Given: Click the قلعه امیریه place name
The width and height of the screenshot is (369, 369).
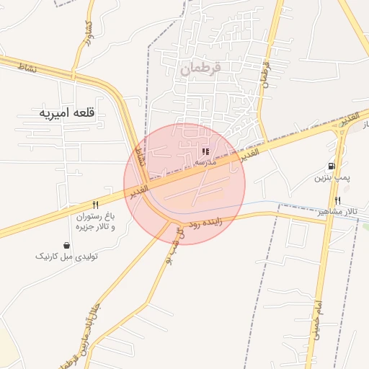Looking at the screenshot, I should pyautogui.click(x=69, y=113).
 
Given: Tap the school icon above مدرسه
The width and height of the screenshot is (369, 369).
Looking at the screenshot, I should pyautogui.click(x=205, y=152).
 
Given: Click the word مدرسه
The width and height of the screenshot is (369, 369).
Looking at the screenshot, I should pyautogui.click(x=205, y=163).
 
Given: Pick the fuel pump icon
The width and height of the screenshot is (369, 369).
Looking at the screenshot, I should pyautogui.click(x=332, y=166).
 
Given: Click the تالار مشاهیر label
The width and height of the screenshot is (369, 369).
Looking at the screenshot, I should pyautogui.click(x=337, y=211).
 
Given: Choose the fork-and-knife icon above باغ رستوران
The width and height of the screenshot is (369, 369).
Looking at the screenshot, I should pyautogui.click(x=96, y=205).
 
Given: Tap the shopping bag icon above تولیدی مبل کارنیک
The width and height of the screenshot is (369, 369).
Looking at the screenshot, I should pyautogui.click(x=67, y=245).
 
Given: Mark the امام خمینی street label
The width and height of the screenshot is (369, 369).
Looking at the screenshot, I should pyautogui.click(x=315, y=318).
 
